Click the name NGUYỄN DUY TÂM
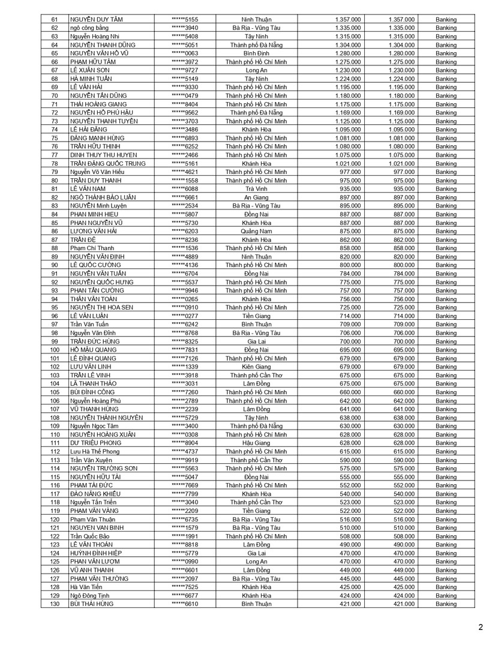(x=96, y=19)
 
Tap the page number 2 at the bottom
(x=481, y=628)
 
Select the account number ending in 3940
(x=185, y=28)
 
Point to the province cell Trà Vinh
(x=256, y=188)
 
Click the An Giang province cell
(x=256, y=197)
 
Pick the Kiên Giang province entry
(x=256, y=367)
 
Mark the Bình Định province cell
(x=256, y=53)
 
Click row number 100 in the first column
(x=55, y=350)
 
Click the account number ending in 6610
(x=185, y=604)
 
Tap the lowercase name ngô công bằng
(x=89, y=28)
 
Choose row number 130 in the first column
(x=55, y=604)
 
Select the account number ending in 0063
(x=185, y=53)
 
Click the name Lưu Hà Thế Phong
(x=95, y=451)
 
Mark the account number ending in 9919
(x=185, y=460)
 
